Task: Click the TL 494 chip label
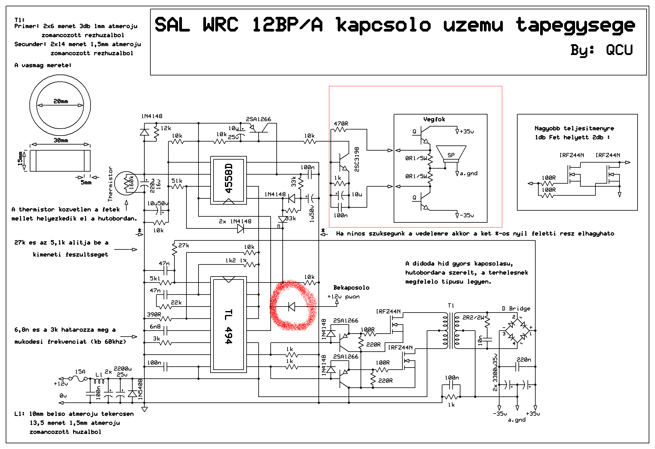coord(228,326)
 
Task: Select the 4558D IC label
coord(229,179)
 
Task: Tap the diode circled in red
coord(291,307)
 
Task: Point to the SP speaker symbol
coord(451,154)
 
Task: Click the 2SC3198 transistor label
coord(357,159)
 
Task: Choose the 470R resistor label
coord(341,124)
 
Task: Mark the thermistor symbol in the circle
coord(127,183)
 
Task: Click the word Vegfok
coord(434,119)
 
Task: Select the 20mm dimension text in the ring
coord(60,101)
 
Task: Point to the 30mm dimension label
coord(60,140)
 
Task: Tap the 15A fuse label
coord(80,371)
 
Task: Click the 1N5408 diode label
coord(140,389)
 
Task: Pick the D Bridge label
coord(516,308)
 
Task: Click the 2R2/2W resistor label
coord(473,317)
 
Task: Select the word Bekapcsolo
coord(351,288)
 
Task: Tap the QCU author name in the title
coord(619,50)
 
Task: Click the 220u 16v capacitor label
coord(155,185)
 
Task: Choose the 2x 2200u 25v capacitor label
coord(118,371)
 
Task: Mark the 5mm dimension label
coord(86,182)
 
